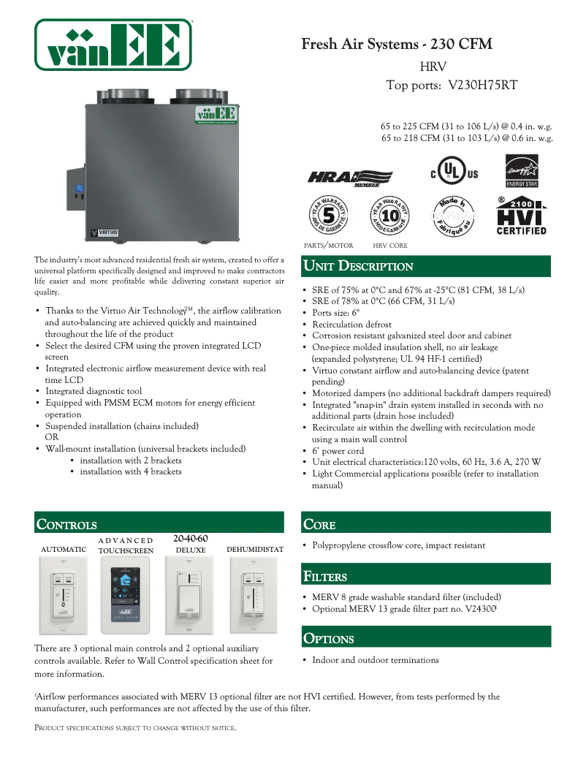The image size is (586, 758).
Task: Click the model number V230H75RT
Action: [482, 86]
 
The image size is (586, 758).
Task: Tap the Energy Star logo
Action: [522, 171]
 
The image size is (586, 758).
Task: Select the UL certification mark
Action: [454, 173]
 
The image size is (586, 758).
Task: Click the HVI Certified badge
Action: [522, 216]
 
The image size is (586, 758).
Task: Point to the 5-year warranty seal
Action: [328, 216]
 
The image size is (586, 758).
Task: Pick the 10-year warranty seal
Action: [389, 216]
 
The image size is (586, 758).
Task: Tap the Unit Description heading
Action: [359, 267]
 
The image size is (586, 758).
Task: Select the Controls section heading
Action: [66, 525]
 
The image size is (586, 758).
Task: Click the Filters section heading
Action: [325, 577]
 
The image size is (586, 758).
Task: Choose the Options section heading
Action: [329, 639]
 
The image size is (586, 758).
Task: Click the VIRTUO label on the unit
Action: [104, 233]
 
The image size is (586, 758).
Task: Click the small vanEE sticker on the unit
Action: [216, 115]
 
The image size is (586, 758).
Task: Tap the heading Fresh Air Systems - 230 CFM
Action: [397, 45]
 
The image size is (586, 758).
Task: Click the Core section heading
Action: [319, 525]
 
